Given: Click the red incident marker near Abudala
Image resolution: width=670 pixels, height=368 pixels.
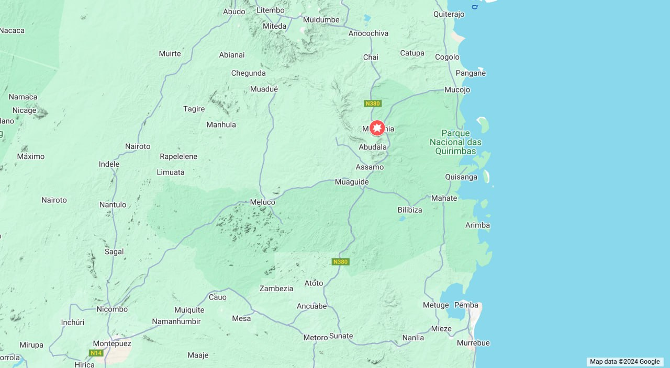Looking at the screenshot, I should coord(377,128).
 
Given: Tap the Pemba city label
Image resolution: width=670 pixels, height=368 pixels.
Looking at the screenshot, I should coord(466,305).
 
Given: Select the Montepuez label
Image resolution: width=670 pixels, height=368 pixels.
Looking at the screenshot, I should coord(111,343).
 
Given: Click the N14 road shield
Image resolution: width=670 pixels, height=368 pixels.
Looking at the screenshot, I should coord(96,353).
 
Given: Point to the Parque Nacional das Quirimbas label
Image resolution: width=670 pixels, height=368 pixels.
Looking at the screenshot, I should coord(455,142).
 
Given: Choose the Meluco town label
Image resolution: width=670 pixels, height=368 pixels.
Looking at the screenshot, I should coord(262,202).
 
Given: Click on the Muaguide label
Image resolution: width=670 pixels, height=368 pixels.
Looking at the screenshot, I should coord(351,182).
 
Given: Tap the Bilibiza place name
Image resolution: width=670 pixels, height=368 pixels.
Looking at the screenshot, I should coord(409,210).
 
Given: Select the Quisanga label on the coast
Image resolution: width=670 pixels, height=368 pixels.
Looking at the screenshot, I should coord(461,177).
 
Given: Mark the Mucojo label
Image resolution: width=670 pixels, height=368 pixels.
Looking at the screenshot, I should coord(457,89).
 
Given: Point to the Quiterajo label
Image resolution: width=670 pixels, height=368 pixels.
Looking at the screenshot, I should coord(449,14).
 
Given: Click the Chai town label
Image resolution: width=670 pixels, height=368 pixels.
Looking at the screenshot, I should coord(371,57).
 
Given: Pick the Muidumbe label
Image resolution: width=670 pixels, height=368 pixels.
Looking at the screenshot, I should coord(321,20).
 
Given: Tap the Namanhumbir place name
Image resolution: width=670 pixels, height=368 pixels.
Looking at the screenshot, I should coord(176,321).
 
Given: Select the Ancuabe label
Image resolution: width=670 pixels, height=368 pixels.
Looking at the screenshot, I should coord(311,306).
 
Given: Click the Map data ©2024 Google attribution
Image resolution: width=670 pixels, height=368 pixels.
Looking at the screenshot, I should coord(624,361).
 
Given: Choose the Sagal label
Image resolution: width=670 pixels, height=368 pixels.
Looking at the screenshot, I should coord(114,251).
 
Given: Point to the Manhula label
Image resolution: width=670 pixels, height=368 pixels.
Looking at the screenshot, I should coord(221,124).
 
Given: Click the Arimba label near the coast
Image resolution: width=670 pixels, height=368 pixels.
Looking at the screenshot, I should coord(477,225).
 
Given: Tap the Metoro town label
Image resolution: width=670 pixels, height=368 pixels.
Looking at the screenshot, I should coord(315,338).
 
